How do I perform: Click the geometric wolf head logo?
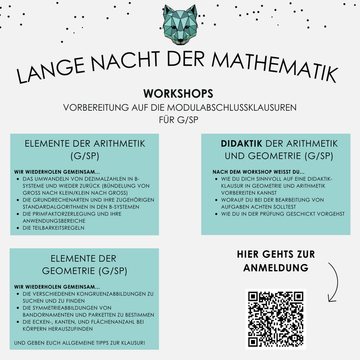pos(180,24)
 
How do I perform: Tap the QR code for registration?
pos(276,319)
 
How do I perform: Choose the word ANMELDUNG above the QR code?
pos(276,268)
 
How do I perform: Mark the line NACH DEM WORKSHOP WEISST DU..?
pos(258,171)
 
